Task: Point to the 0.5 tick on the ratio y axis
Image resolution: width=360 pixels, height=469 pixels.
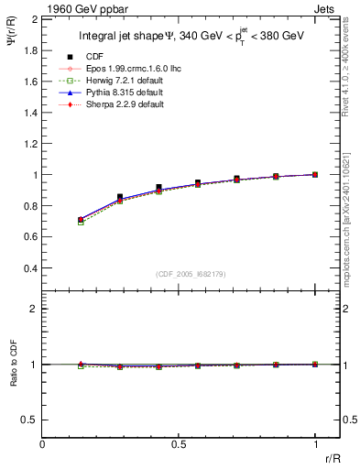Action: tap(29, 420)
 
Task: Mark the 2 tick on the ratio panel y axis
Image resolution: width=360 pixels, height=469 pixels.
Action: tap(34, 309)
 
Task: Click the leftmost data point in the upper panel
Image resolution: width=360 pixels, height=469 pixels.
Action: tap(81, 220)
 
